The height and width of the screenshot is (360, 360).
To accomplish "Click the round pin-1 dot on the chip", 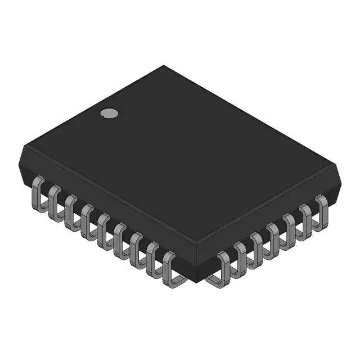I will pos(109,113).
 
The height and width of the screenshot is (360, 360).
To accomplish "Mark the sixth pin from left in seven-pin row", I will pos(306,216).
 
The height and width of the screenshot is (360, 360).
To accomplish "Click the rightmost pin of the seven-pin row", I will pos(322,207).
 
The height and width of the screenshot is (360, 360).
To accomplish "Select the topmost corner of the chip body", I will pos(164,66).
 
